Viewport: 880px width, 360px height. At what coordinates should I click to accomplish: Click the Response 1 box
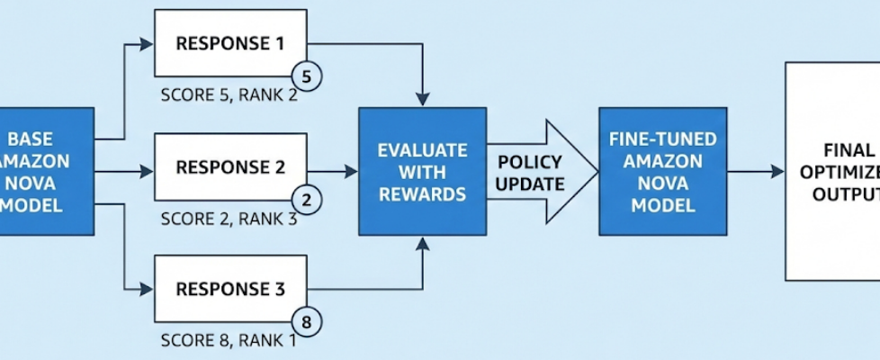point(229,42)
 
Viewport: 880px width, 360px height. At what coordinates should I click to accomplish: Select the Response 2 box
point(229,166)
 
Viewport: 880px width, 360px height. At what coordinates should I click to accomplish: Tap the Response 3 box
point(229,289)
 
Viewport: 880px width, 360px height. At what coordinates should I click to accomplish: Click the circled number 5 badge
point(306,78)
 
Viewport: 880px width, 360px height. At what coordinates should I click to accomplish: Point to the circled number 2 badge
point(306,202)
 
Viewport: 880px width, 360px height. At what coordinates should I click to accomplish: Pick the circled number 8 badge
point(306,321)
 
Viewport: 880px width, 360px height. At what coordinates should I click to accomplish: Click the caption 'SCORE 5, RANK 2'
point(229,94)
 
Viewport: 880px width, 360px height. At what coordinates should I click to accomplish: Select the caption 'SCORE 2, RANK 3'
point(229,218)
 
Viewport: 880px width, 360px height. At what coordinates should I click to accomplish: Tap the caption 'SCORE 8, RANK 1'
point(229,340)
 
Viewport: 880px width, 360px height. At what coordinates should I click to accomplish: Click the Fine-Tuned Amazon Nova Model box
point(663,171)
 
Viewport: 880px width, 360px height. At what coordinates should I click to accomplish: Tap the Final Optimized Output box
point(832,171)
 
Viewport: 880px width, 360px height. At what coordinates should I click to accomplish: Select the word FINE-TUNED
point(663,139)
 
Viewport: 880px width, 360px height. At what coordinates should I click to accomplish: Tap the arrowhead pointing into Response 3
point(148,289)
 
